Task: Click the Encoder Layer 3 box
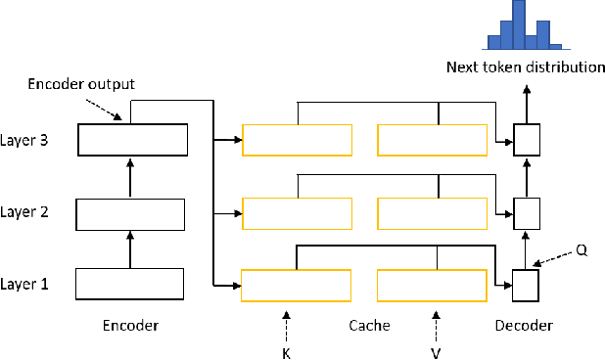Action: click(132, 141)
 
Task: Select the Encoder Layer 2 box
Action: click(129, 212)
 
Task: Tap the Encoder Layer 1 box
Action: click(129, 284)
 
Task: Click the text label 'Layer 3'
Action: click(25, 141)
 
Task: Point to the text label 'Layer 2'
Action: click(25, 212)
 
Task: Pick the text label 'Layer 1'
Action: click(25, 284)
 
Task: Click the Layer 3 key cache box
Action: click(297, 141)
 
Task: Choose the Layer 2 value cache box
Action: click(431, 212)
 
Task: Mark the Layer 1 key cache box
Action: click(297, 285)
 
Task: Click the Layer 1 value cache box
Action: click(431, 285)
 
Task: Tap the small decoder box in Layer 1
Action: click(526, 285)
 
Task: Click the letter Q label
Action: click(582, 249)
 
